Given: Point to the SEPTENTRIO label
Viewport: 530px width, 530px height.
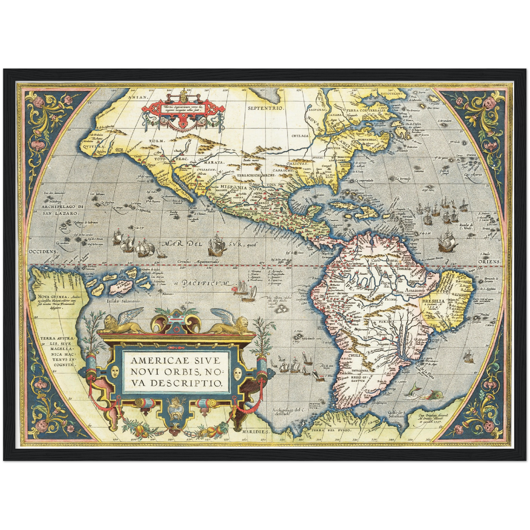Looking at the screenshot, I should point(266,108).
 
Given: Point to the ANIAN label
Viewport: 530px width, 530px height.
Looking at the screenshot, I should point(138,97).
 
